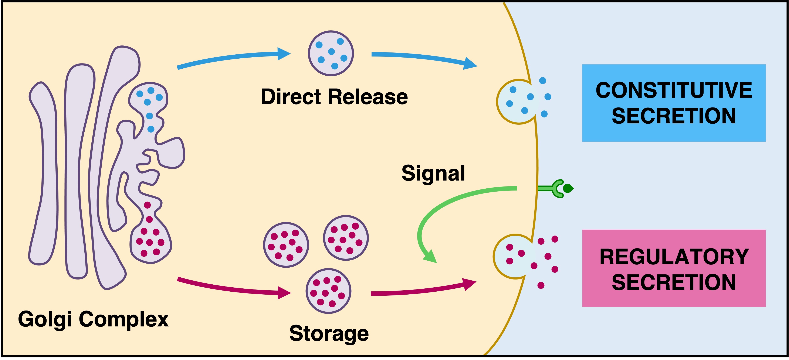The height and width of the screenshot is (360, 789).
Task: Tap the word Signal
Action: pos(433,173)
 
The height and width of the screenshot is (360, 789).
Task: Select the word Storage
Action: pos(329,333)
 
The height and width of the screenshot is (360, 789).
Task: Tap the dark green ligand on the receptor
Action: pos(568,188)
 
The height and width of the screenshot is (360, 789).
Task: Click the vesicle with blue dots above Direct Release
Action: pos(331,53)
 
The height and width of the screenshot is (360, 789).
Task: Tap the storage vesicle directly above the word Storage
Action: pos(328,291)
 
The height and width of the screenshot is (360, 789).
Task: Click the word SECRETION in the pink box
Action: pos(674,282)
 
